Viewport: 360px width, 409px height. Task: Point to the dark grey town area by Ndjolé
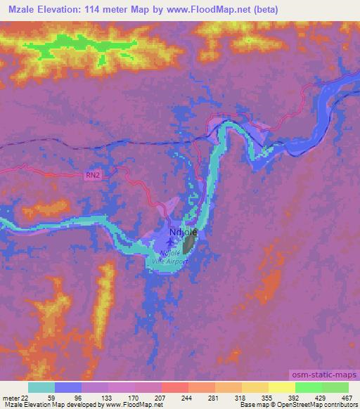[189, 245]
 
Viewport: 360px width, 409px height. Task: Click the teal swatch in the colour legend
[41, 388]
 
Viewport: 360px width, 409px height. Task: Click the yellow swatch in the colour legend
[281, 388]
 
